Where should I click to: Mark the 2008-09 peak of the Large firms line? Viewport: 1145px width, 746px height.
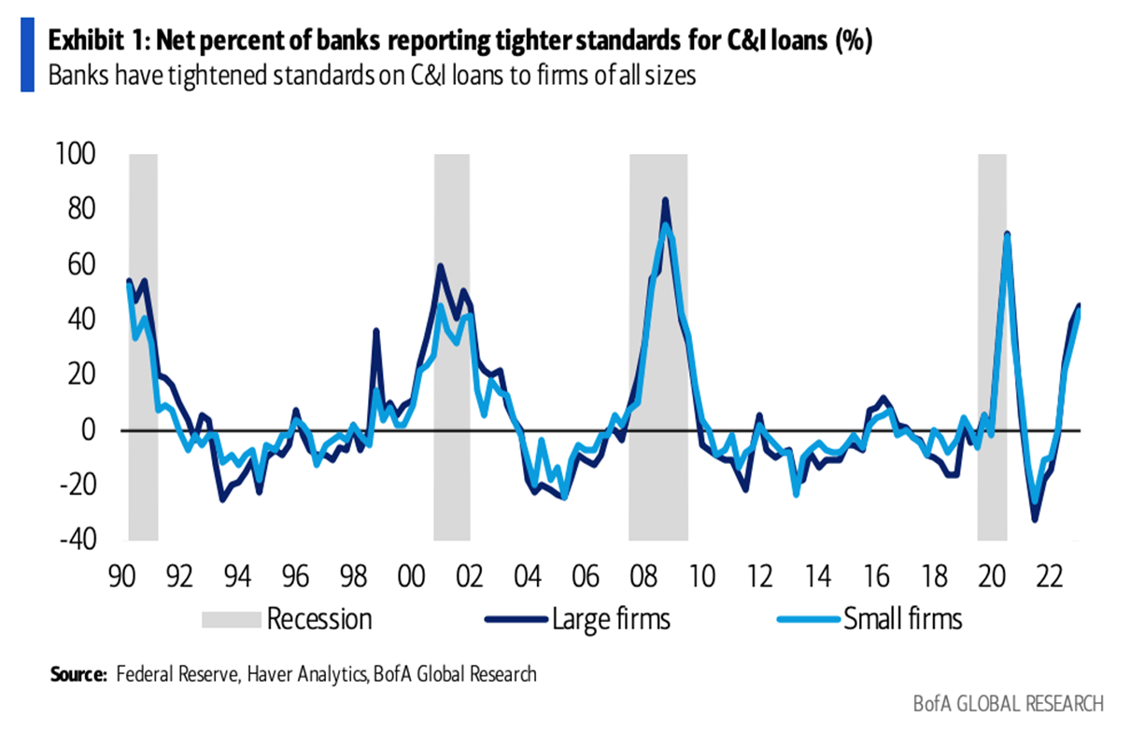pyautogui.click(x=665, y=200)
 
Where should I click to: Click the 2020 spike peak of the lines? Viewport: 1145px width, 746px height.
pyautogui.click(x=1007, y=233)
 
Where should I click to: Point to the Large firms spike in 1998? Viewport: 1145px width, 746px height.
pyautogui.click(x=375, y=330)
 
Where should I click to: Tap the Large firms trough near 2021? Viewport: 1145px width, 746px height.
pyautogui.click(x=1035, y=519)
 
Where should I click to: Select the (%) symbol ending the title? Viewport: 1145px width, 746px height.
pyautogui.click(x=854, y=42)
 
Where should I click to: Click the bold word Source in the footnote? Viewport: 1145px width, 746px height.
pyautogui.click(x=78, y=674)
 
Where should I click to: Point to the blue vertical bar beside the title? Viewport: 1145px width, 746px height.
pyautogui.click(x=27, y=59)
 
